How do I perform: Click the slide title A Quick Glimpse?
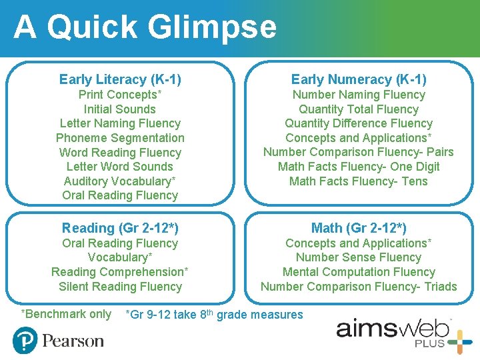tap(145, 28)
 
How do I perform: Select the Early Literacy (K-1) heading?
tap(120, 79)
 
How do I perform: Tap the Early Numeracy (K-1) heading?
tap(359, 79)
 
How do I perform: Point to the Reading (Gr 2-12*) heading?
tap(120, 228)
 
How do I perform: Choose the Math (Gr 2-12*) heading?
tap(359, 228)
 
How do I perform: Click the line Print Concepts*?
tap(120, 95)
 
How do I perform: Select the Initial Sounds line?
tap(120, 109)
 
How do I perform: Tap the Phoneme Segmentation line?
tap(120, 138)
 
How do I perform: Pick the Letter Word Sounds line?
tap(120, 167)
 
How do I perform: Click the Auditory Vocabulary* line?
tap(120, 181)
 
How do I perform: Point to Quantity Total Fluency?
tap(359, 109)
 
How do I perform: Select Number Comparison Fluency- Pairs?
tap(359, 152)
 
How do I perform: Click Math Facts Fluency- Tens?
tap(359, 181)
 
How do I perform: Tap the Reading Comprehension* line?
tap(120, 272)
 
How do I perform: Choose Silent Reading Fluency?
tap(120, 287)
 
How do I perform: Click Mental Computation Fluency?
tap(359, 272)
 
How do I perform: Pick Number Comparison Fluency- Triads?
tap(359, 287)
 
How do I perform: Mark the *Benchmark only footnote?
tap(66, 314)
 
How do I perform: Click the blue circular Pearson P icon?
tap(25, 341)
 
